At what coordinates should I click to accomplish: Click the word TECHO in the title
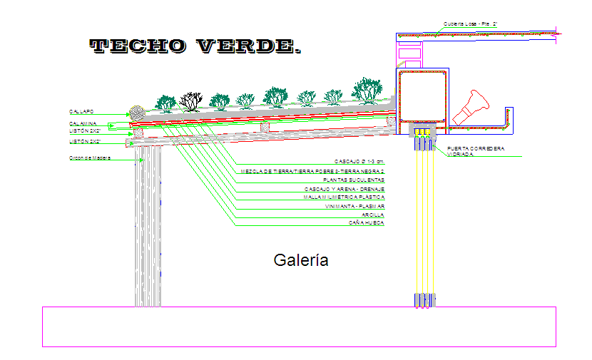pos(138,46)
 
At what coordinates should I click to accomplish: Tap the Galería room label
pos(301,260)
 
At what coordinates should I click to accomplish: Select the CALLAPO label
pos(81,112)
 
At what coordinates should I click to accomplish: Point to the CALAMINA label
pos(83,124)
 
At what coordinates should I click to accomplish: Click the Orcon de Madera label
pos(90,158)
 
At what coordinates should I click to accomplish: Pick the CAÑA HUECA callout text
pos(367,223)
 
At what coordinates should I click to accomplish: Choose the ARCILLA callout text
pos(372,215)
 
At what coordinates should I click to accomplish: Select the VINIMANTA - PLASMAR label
pos(354,206)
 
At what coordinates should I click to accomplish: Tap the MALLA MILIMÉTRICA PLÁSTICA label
pos(344,197)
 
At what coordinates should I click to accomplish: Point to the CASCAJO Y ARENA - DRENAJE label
pos(345,189)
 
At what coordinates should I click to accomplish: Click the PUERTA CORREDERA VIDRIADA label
pos(475,151)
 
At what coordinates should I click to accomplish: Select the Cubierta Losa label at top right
pos(469,24)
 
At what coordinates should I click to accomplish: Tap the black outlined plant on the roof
pos(190,101)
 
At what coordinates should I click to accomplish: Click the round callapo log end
pos(136,112)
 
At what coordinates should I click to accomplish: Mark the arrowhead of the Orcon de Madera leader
pos(141,160)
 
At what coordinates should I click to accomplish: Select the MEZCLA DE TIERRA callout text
pos(312,172)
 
